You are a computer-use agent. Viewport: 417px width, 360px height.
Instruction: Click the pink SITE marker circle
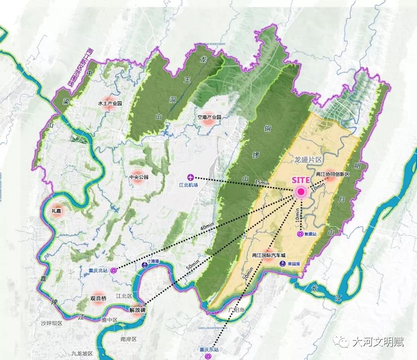301,192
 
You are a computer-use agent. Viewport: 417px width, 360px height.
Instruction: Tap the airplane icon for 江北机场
191,177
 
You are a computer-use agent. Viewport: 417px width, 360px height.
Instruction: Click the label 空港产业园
209,117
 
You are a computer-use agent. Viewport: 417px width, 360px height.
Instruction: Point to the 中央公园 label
139,177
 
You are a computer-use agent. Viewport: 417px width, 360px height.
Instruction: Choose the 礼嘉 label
57,211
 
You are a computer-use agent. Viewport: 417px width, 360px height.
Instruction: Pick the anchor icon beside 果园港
283,264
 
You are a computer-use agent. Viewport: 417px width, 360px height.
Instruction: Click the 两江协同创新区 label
333,174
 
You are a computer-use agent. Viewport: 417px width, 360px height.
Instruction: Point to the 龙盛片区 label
308,160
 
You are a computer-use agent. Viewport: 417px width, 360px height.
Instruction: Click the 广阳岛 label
235,310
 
